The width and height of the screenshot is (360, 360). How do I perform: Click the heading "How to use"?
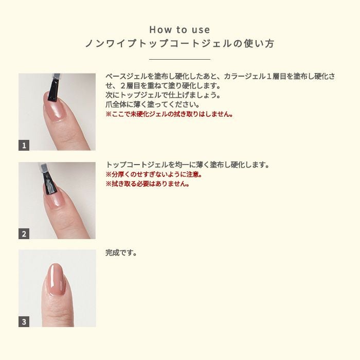coord(179,30)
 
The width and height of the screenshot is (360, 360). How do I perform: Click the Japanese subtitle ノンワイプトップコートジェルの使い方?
coord(179,44)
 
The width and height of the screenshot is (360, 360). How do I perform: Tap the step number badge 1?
coord(24,146)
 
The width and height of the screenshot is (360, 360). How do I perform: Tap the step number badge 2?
coord(24,235)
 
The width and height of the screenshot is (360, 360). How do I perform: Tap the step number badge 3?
coord(24,322)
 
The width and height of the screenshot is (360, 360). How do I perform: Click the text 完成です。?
coord(121,254)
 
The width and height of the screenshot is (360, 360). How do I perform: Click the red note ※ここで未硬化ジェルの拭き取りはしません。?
coord(169,114)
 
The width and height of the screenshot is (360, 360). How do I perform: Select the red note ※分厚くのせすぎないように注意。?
coord(154,174)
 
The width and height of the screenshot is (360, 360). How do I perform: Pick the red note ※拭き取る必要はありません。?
coord(148,184)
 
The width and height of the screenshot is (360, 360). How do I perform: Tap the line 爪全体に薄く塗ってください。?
coord(153,104)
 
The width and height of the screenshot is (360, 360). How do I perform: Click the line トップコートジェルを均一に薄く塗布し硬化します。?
coord(188,165)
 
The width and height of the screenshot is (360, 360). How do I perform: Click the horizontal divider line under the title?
coord(179,60)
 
